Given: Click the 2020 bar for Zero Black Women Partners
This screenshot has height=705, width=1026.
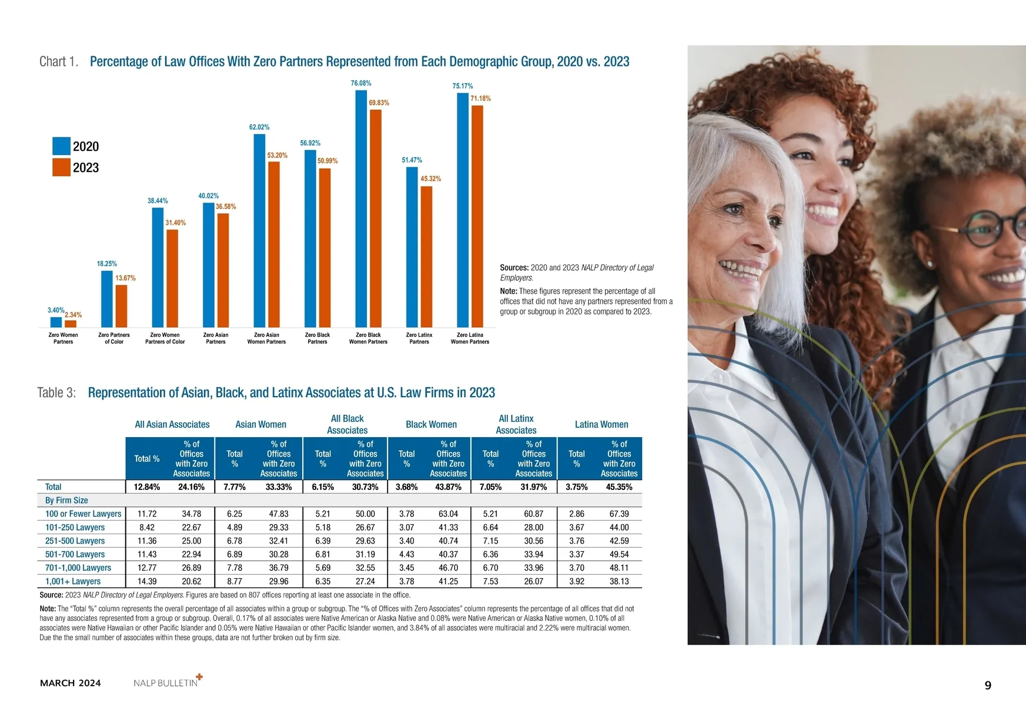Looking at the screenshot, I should pos(361,209).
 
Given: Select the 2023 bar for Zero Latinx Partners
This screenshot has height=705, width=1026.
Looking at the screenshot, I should pos(426,257).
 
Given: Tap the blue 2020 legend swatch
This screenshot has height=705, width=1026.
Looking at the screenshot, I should pos(61,146).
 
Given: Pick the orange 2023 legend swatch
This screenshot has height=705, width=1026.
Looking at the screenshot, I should pos(61,167).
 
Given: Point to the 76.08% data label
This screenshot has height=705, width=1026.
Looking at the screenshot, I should pos(361,83).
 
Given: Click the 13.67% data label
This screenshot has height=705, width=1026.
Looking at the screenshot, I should pos(125,278).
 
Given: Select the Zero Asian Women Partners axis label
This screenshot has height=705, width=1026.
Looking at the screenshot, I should pos(266,338).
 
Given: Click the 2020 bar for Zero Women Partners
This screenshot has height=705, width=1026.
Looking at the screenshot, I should pos(56,322).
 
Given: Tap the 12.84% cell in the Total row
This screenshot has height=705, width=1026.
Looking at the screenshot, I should pos(147,487).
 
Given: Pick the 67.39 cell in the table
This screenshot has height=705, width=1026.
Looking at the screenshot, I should pos(619,514).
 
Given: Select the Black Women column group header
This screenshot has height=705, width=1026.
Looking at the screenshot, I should pos(431,424).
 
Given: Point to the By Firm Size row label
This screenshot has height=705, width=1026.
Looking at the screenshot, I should pos(66,501).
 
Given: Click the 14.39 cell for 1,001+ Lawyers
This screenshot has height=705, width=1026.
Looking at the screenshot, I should pos(147,581).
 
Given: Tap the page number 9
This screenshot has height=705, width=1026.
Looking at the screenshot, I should pos(988,685).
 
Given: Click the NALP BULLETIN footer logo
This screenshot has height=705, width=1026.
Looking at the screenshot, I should pos(167,682).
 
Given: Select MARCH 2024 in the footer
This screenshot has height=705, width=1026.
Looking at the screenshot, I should pos(71,683).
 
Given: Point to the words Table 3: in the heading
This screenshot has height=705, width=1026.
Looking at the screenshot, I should pos(56,392).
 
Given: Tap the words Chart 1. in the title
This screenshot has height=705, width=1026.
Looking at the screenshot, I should pos(59,62).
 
